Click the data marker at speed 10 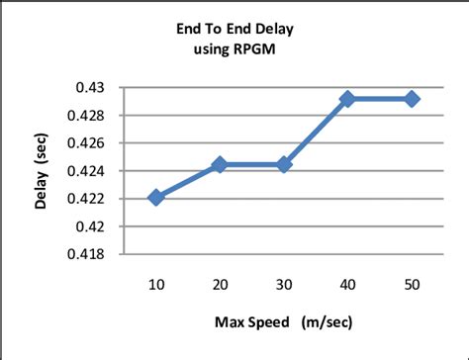156,198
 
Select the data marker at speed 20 221,164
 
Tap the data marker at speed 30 285,164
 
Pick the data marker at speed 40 348,99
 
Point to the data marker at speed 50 412,99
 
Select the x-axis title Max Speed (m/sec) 283,323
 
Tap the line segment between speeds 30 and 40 317,132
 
